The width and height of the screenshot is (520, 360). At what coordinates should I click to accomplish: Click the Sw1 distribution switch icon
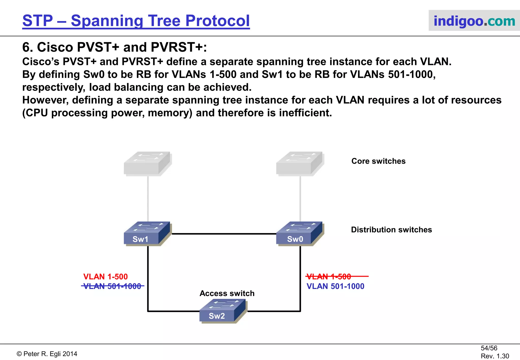[147, 234]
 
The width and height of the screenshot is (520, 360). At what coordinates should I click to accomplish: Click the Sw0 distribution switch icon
[299, 234]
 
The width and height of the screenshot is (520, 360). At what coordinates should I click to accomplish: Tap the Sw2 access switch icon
[222, 311]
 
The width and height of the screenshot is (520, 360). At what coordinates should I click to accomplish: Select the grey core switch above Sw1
[147, 164]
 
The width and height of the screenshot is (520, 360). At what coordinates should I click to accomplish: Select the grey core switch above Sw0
[299, 164]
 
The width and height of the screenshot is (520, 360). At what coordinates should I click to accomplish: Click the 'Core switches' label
[378, 161]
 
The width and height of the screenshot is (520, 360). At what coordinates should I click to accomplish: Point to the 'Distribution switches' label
[391, 230]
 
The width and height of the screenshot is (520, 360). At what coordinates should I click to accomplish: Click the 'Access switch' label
[227, 293]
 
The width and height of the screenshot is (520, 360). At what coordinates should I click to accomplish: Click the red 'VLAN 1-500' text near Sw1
[105, 276]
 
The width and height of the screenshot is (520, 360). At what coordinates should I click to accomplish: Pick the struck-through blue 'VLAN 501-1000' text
[112, 286]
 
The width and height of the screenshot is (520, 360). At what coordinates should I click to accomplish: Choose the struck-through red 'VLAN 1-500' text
[329, 276]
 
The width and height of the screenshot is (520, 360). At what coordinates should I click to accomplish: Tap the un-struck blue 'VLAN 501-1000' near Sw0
[335, 286]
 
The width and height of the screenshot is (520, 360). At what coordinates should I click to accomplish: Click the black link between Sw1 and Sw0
[223, 234]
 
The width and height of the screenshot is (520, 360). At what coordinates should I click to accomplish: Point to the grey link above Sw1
[148, 198]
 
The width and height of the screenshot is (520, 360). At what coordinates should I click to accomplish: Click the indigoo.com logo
[474, 21]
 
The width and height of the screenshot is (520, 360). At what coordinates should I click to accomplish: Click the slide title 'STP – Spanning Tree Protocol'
[136, 21]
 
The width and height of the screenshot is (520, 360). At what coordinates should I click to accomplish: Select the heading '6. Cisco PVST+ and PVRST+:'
[115, 47]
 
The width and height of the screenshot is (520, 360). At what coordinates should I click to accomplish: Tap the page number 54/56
[489, 348]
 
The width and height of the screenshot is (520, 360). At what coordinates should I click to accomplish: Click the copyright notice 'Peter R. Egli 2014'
[47, 354]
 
